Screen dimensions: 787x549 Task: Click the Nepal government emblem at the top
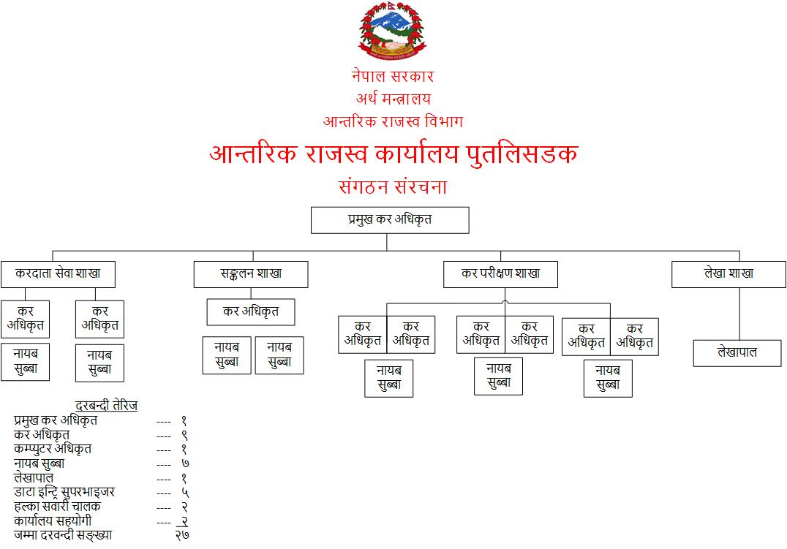tap(392, 31)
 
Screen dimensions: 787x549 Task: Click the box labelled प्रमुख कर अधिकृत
tap(390, 220)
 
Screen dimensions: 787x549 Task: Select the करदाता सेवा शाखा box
tap(59, 274)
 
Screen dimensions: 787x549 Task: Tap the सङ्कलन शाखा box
tap(251, 274)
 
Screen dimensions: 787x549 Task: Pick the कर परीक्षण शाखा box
tap(500, 274)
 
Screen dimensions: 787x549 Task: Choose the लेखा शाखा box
tap(728, 274)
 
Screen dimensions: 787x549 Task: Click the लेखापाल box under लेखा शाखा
tap(737, 353)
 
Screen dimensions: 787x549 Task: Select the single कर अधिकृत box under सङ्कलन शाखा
tap(251, 312)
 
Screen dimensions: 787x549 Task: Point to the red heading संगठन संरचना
tap(393, 186)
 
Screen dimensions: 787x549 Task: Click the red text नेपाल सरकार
tap(393, 76)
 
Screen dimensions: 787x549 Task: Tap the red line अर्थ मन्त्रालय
tap(393, 99)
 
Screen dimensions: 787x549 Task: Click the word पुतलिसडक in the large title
tap(522, 154)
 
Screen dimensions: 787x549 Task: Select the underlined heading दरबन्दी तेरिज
tap(106, 406)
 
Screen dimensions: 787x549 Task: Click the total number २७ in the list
tap(182, 535)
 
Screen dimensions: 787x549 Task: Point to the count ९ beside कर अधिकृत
tap(184, 435)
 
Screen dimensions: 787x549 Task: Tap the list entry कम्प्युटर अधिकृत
tap(53, 449)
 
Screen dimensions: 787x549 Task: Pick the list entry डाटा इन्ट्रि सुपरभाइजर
tap(64, 492)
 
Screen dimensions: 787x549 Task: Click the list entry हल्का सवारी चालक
tap(57, 507)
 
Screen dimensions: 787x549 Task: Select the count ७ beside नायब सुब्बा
tap(185, 463)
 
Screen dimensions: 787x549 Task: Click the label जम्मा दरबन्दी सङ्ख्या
tap(63, 535)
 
